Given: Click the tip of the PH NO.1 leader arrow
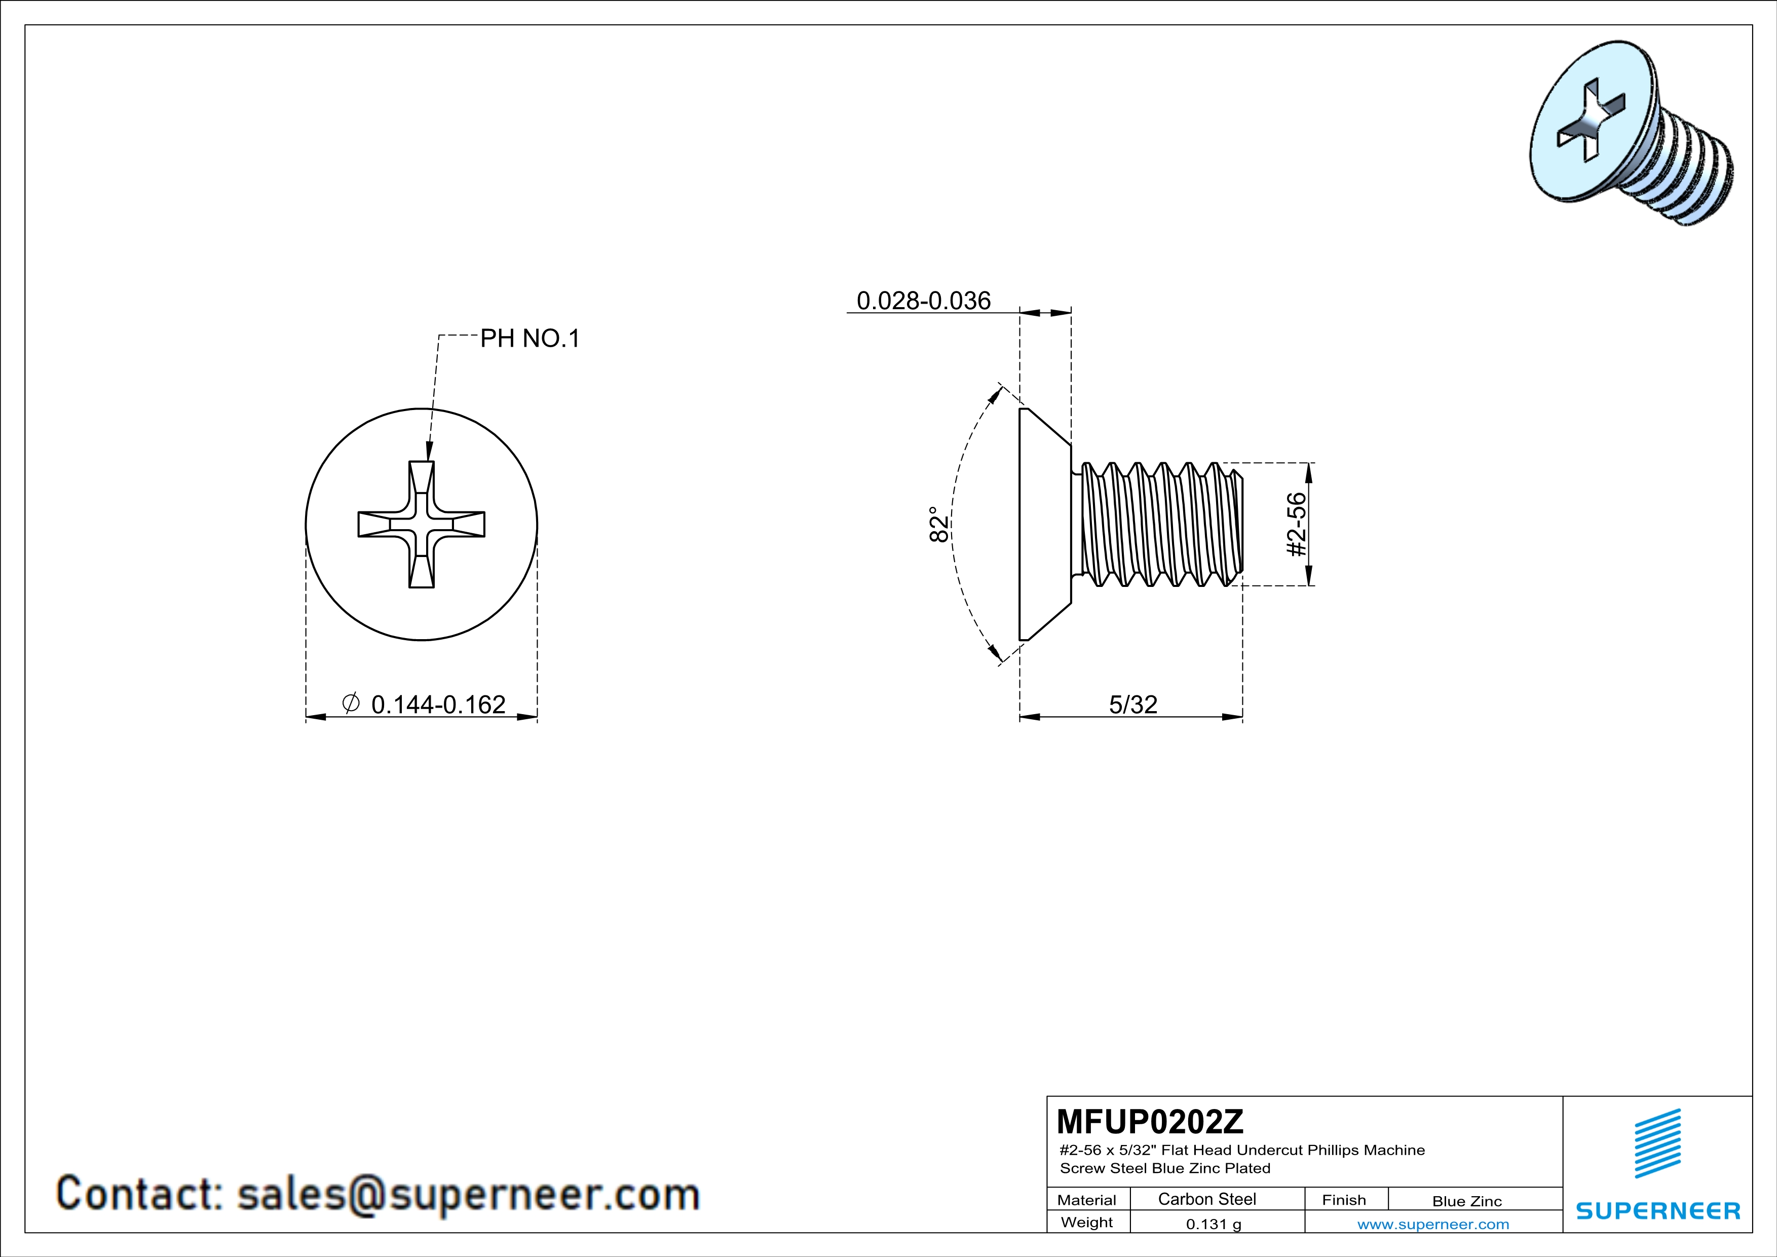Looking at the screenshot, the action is pyautogui.click(x=428, y=461).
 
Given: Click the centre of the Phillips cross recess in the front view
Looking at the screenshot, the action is pyautogui.click(x=421, y=524).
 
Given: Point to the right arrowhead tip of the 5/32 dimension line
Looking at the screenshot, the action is pyautogui.click(x=1242, y=717).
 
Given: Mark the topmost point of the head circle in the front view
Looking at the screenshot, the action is pyautogui.click(x=421, y=409).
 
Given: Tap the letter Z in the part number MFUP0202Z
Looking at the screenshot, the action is pyautogui.click(x=1233, y=1121).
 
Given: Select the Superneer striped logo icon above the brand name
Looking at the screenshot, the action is pyautogui.click(x=1657, y=1143).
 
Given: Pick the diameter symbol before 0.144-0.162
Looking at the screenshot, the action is pyautogui.click(x=351, y=703).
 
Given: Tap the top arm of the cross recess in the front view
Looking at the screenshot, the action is pyautogui.click(x=421, y=486).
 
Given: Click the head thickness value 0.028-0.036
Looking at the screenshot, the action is pyautogui.click(x=923, y=301).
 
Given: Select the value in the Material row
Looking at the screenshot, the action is pyautogui.click(x=1206, y=1199).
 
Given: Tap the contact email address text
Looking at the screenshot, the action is pyautogui.click(x=468, y=1194).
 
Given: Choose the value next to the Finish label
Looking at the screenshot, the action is pyautogui.click(x=1466, y=1201).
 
